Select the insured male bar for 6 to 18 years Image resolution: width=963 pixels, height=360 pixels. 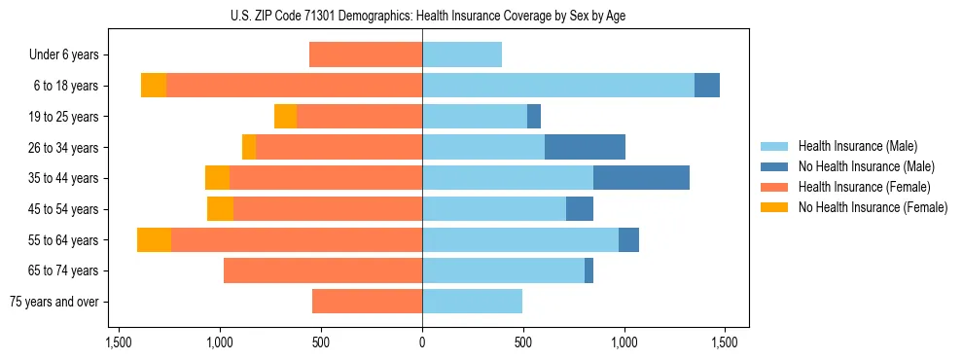click(557, 86)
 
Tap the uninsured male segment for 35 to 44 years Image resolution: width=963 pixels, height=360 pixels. click(641, 178)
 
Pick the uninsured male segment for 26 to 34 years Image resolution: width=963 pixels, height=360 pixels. click(585, 147)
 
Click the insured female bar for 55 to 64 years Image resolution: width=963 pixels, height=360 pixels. click(297, 240)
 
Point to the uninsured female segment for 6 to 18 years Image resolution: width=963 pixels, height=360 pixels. click(154, 86)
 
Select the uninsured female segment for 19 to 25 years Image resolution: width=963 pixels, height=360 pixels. click(285, 117)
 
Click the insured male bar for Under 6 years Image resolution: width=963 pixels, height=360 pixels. click(462, 55)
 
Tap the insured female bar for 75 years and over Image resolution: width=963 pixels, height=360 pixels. click(367, 302)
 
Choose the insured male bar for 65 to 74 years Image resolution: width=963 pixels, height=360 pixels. click(503, 270)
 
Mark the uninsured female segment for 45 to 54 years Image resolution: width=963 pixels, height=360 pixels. click(220, 209)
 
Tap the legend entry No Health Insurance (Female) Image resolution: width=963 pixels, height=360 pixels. click(873, 207)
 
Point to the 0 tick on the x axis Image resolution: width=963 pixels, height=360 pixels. click(422, 342)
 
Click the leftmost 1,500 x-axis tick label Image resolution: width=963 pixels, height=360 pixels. click(118, 342)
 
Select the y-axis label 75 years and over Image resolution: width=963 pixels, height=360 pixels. click(53, 302)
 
